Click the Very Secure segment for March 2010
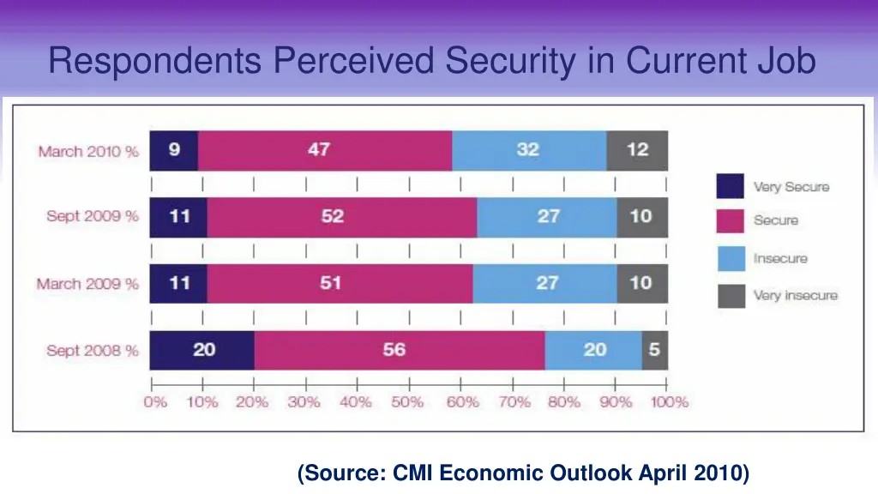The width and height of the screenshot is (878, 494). (x=174, y=150)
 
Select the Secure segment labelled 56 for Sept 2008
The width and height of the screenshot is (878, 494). (x=400, y=350)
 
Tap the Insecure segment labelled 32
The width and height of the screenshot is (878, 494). (x=529, y=150)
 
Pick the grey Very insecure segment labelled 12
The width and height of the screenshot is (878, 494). (x=637, y=150)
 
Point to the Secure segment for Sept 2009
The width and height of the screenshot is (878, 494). (x=341, y=216)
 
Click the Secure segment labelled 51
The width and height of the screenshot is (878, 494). (x=340, y=283)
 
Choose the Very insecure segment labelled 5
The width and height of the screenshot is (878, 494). (x=655, y=350)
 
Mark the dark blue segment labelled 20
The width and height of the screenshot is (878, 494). (x=202, y=350)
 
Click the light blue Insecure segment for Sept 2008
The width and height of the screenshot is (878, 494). (x=593, y=350)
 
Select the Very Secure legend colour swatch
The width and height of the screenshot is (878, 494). (x=730, y=186)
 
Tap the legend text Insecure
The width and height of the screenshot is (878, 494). (x=780, y=258)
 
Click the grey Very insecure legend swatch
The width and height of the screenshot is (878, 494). (x=730, y=296)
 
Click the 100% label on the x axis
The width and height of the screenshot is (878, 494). (x=669, y=402)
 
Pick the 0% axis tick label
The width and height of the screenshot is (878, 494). (x=155, y=402)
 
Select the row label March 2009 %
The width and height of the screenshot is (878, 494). (x=87, y=284)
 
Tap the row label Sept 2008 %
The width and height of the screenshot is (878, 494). (x=93, y=351)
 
